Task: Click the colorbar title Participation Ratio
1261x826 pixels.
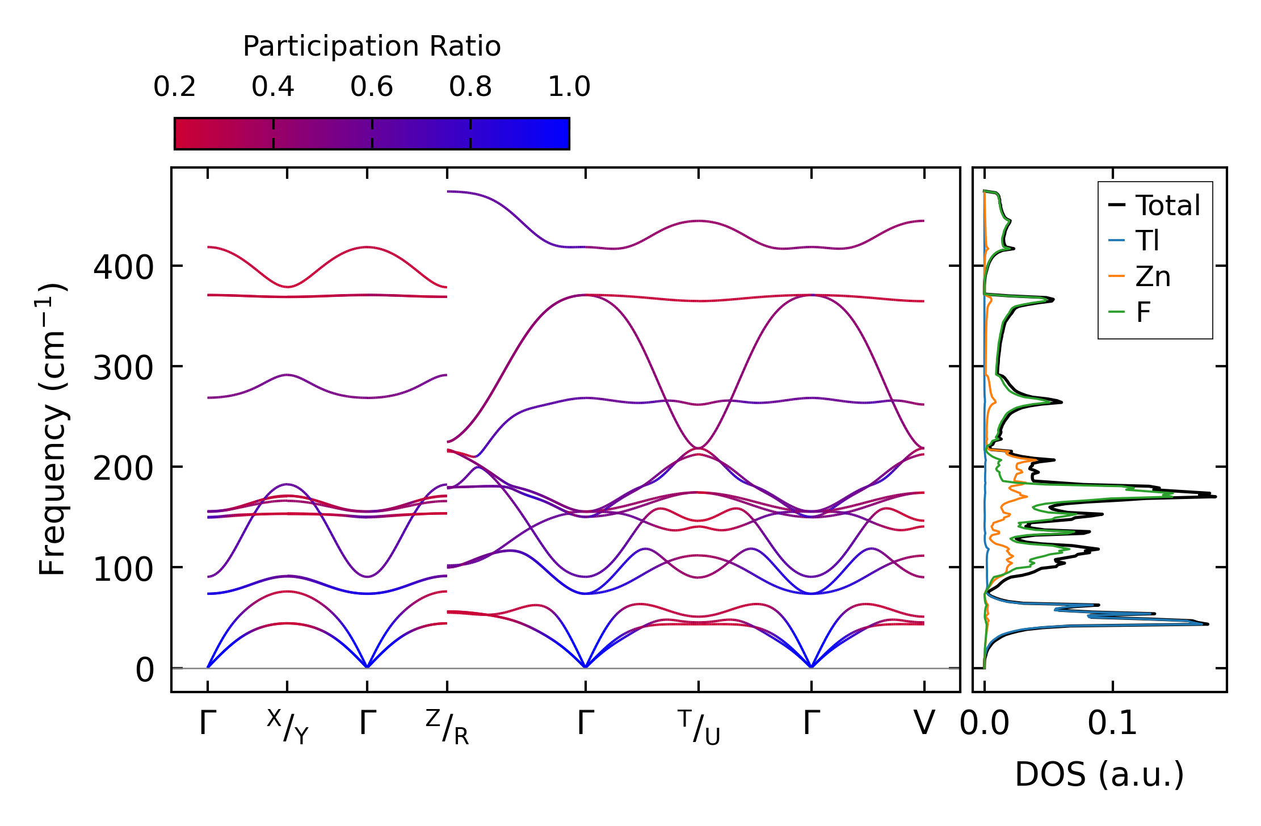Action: click(372, 47)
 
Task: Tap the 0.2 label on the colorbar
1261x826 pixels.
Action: click(174, 87)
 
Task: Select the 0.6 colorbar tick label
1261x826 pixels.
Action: click(372, 87)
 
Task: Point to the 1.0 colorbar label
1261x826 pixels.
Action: click(569, 87)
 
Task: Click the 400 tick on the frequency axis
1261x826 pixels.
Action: click(123, 267)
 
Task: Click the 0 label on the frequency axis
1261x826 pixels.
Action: click(144, 670)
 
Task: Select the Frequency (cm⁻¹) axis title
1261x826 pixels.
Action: click(53, 429)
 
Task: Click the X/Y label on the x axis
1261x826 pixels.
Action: click(288, 727)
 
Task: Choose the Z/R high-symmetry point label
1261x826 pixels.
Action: click(447, 727)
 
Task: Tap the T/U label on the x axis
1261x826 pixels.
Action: click(699, 727)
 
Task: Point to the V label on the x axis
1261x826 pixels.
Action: click(924, 724)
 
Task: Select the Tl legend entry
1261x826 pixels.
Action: click(1147, 241)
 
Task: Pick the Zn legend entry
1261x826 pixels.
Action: click(1153, 276)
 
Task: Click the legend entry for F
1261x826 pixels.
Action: click(1143, 312)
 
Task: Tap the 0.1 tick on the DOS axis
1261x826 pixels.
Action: click(1112, 724)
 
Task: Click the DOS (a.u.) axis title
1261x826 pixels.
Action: click(1099, 774)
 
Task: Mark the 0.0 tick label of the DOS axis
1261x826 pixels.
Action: click(985, 724)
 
